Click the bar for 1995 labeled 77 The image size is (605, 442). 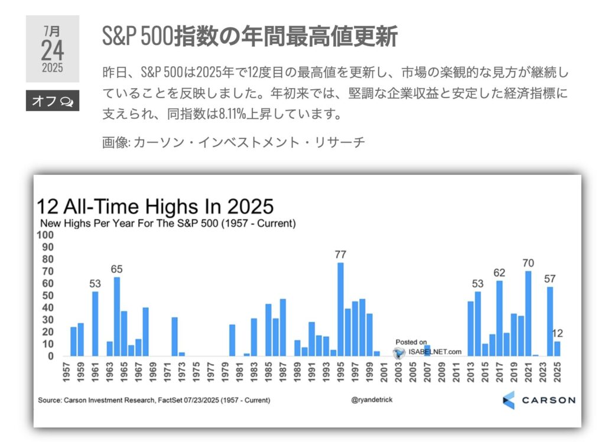point(340,309)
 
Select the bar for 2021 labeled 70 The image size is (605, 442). point(528,313)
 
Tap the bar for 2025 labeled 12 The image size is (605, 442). point(557,349)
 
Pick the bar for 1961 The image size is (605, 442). point(95,323)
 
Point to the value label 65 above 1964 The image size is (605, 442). point(116,269)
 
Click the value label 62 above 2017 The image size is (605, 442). point(499,272)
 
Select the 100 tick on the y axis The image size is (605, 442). point(45,235)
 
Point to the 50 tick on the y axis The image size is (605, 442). point(48,295)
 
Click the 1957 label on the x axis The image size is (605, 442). point(66,372)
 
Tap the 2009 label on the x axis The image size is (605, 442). point(442,372)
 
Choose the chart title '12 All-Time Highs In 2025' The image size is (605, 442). point(155,206)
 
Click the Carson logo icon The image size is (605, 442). point(509,400)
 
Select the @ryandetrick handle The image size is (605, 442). point(372,400)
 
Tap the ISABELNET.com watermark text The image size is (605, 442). point(435,352)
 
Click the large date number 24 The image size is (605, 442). point(53,50)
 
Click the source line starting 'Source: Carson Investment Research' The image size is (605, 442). point(154,400)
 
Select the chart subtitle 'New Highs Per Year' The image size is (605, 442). point(168,223)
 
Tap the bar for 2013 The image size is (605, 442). point(470,329)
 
